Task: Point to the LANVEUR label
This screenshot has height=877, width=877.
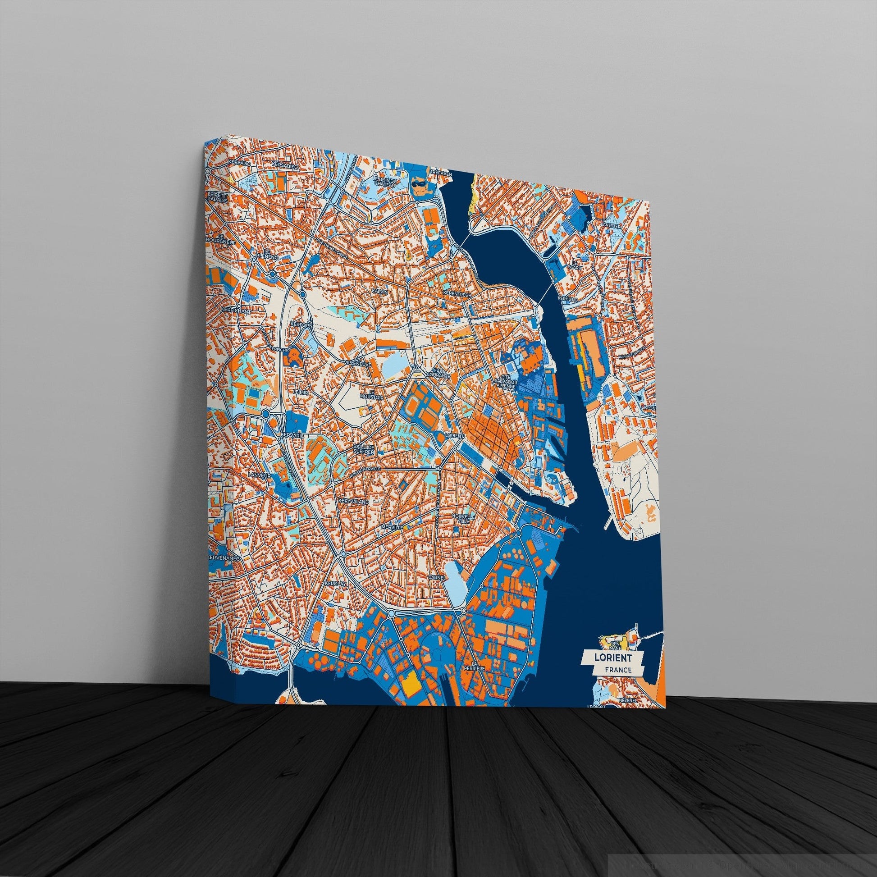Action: [260, 475]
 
